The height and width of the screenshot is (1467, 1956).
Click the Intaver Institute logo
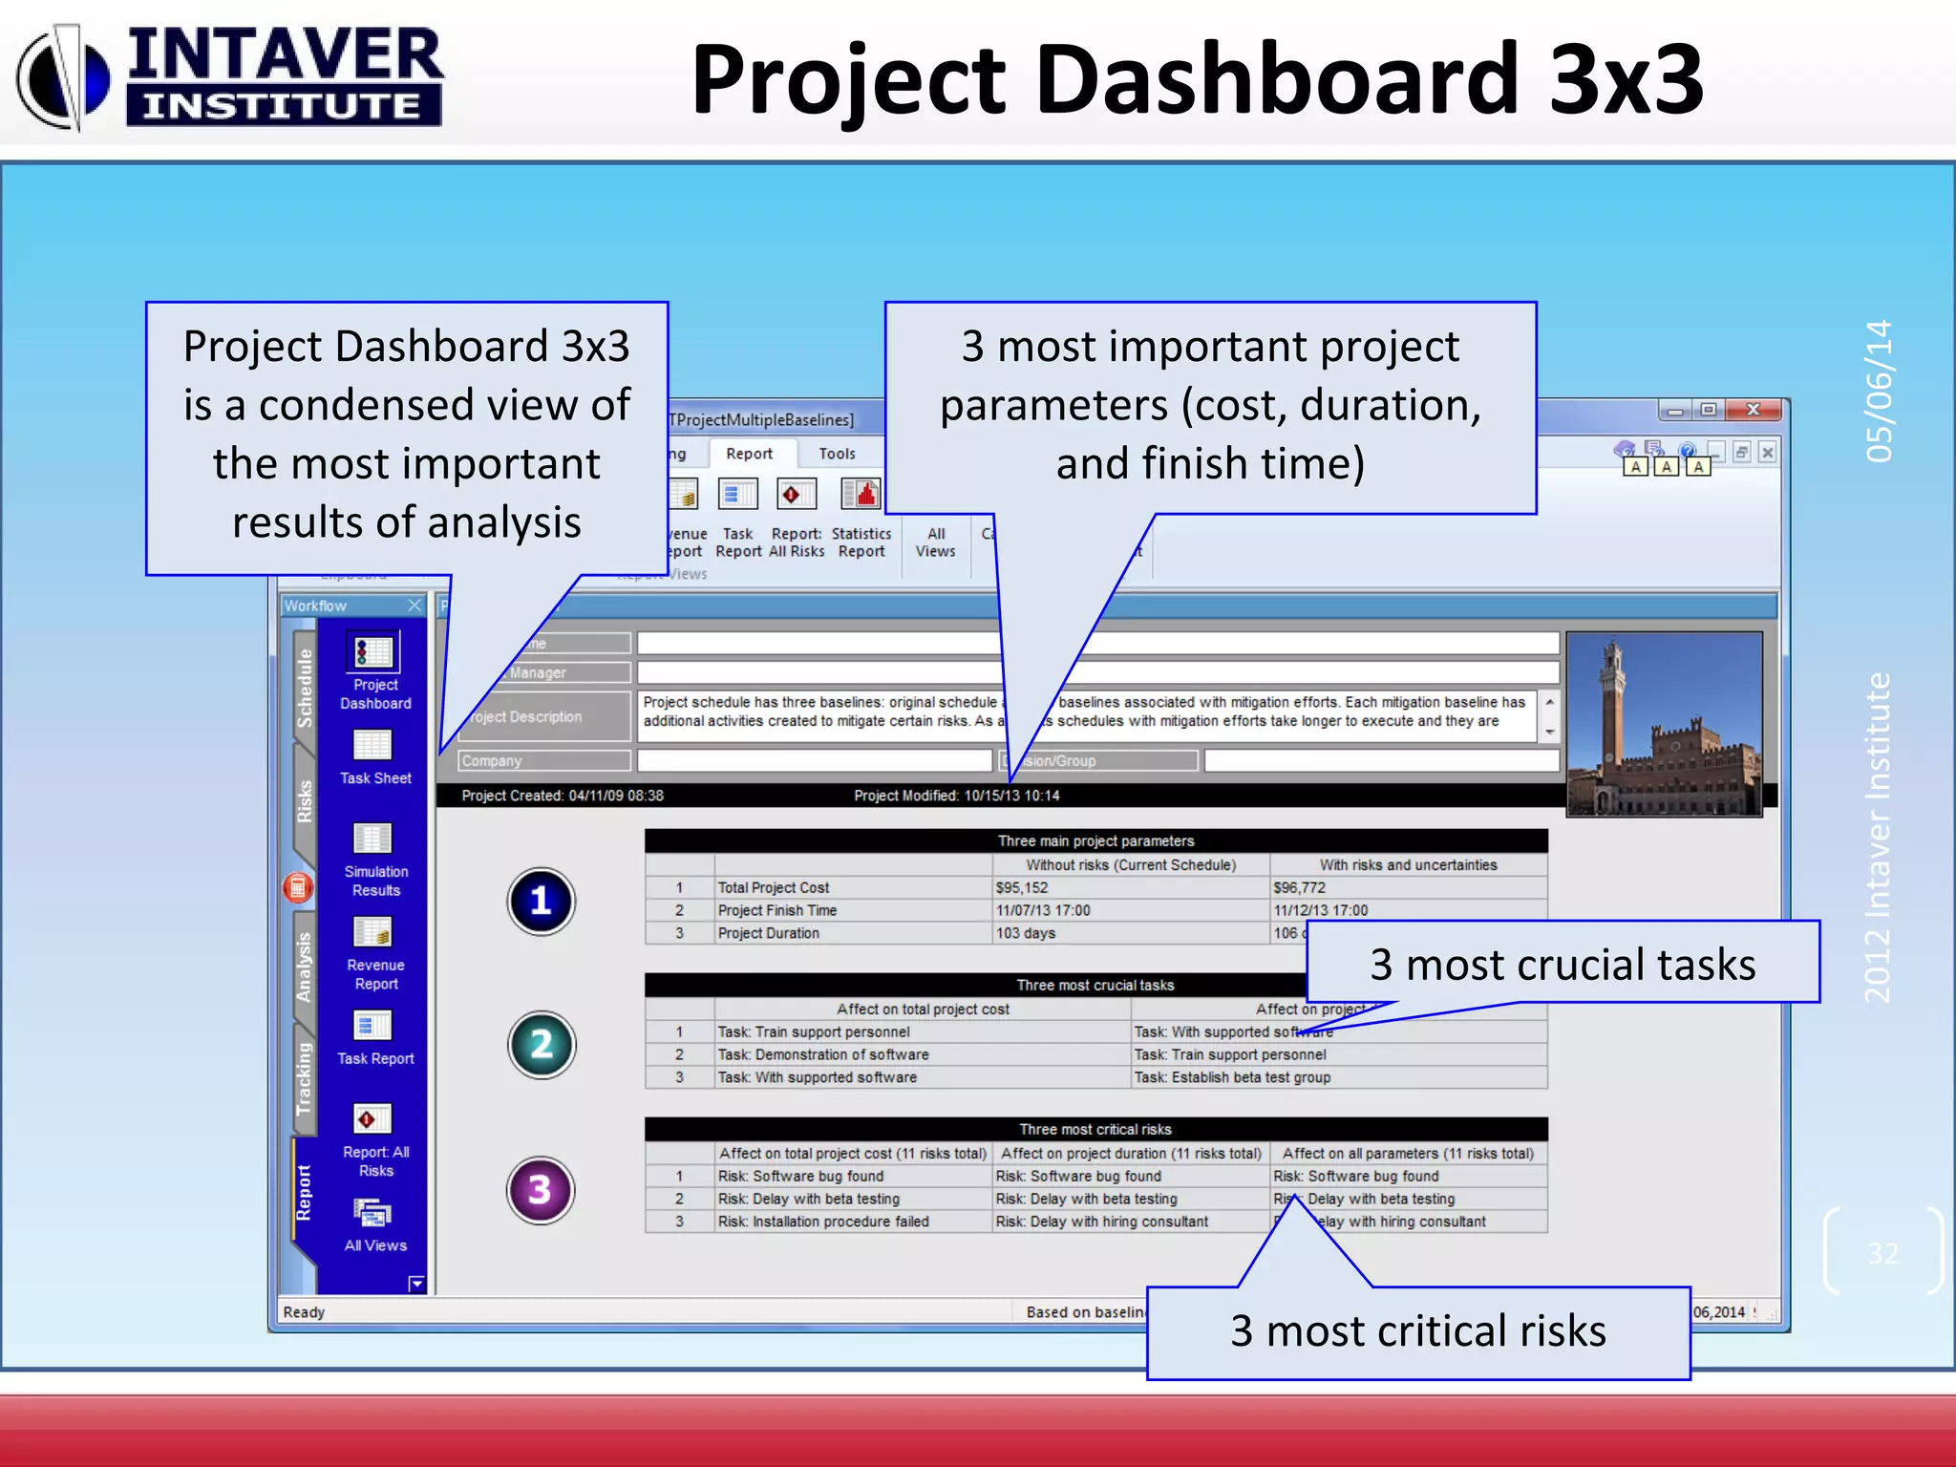pyautogui.click(x=229, y=76)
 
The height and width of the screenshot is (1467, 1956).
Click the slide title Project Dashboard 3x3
pyautogui.click(x=1197, y=80)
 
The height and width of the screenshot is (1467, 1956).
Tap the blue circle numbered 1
pyautogui.click(x=541, y=901)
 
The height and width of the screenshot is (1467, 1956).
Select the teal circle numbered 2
pyautogui.click(x=541, y=1044)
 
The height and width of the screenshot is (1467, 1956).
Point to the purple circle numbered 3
pyautogui.click(x=541, y=1190)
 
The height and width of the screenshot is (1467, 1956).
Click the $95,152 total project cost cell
pyautogui.click(x=1023, y=887)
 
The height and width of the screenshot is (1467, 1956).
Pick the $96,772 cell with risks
pyautogui.click(x=1300, y=887)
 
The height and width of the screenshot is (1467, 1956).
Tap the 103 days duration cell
pyautogui.click(x=1027, y=933)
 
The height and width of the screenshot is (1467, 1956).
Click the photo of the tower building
pyautogui.click(x=1665, y=724)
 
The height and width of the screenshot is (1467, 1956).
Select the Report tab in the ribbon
pyautogui.click(x=749, y=454)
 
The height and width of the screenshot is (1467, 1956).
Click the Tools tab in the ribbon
pyautogui.click(x=837, y=454)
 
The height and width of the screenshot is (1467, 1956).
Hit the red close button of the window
pyautogui.click(x=1754, y=410)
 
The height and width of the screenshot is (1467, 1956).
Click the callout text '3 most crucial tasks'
pyautogui.click(x=1563, y=963)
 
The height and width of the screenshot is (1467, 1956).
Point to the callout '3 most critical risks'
pyautogui.click(x=1417, y=1330)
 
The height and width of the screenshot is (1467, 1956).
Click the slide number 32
pyautogui.click(x=1882, y=1252)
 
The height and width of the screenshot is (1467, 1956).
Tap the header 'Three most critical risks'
pyautogui.click(x=1095, y=1129)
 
